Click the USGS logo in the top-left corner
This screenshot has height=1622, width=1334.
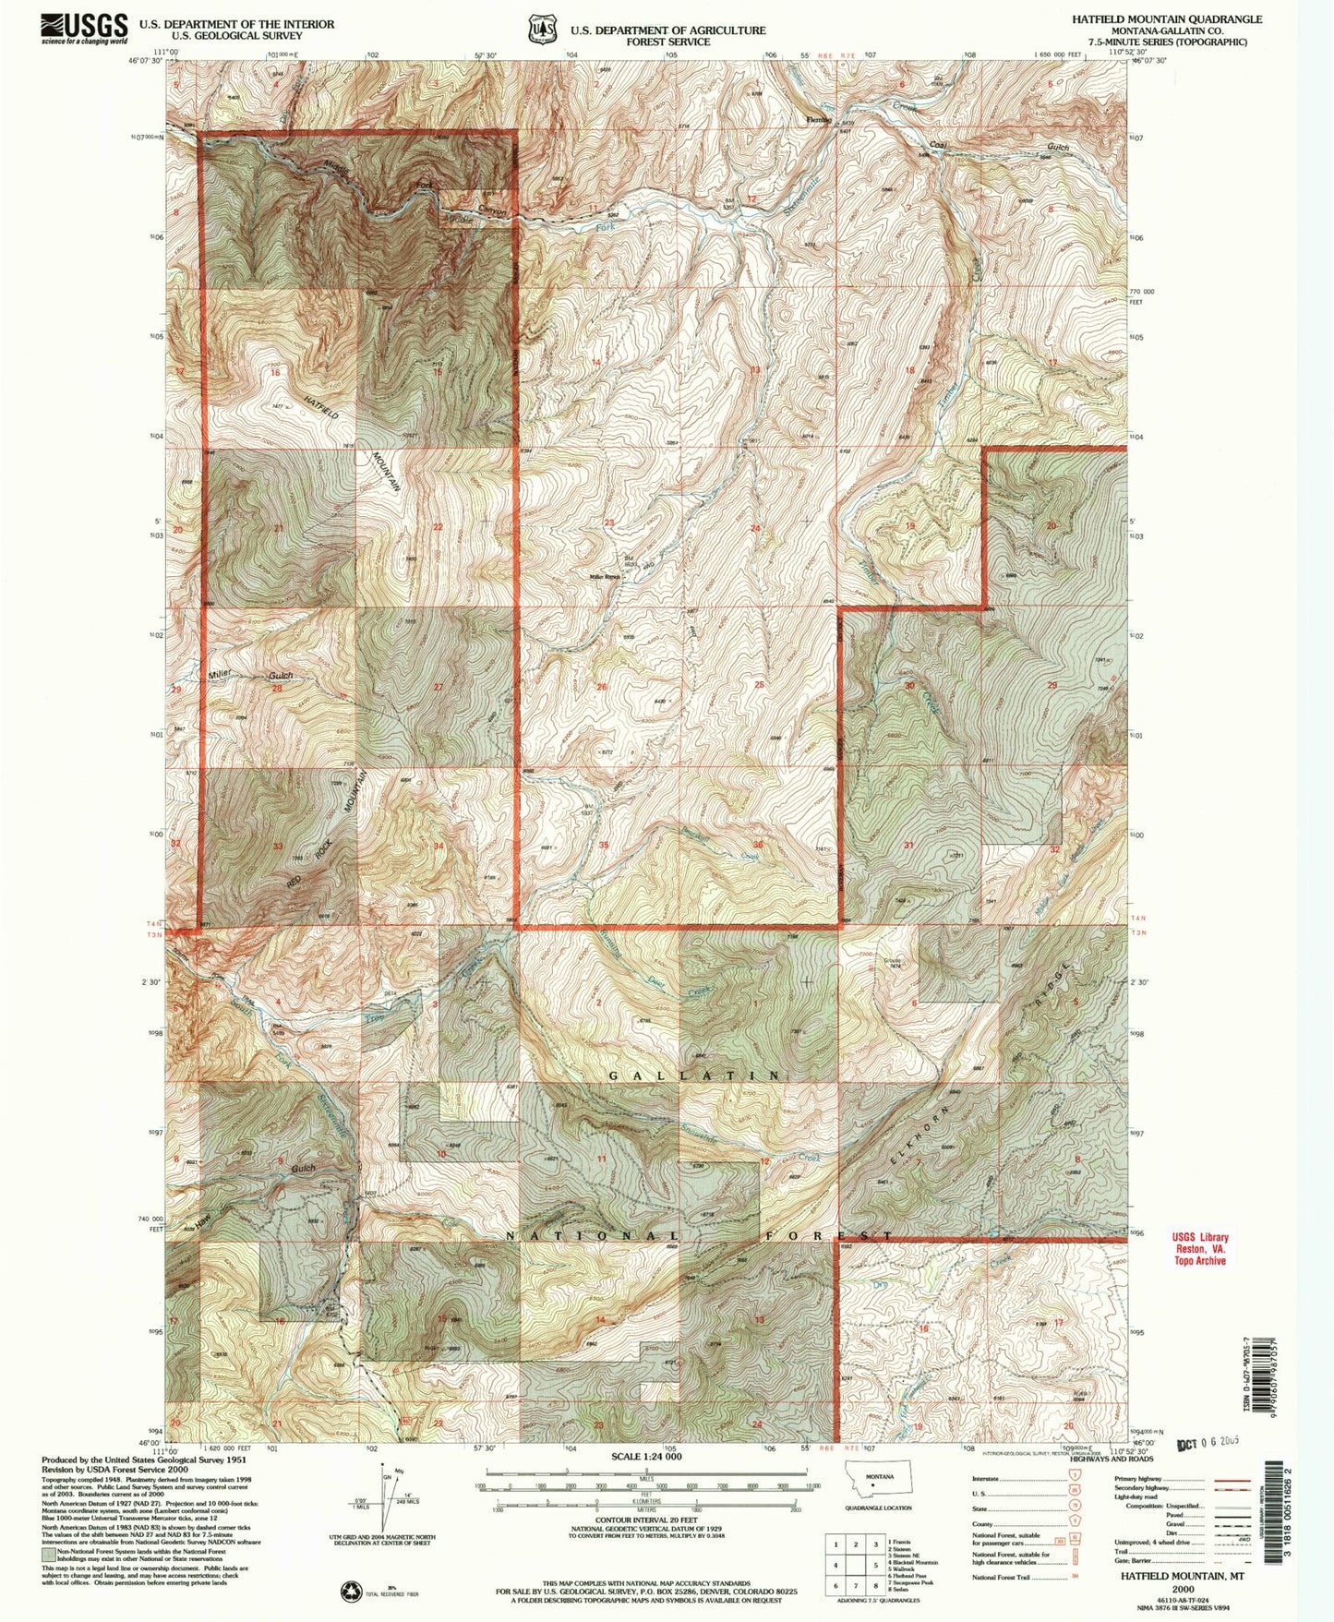(84, 29)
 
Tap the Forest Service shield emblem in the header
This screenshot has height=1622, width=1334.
(542, 29)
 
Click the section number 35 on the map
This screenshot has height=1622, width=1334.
(603, 846)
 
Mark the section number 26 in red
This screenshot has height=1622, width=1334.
(601, 687)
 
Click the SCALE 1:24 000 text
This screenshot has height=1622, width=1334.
(645, 1457)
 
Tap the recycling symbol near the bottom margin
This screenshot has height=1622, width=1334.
(352, 1590)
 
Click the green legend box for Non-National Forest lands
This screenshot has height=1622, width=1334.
(47, 1553)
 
